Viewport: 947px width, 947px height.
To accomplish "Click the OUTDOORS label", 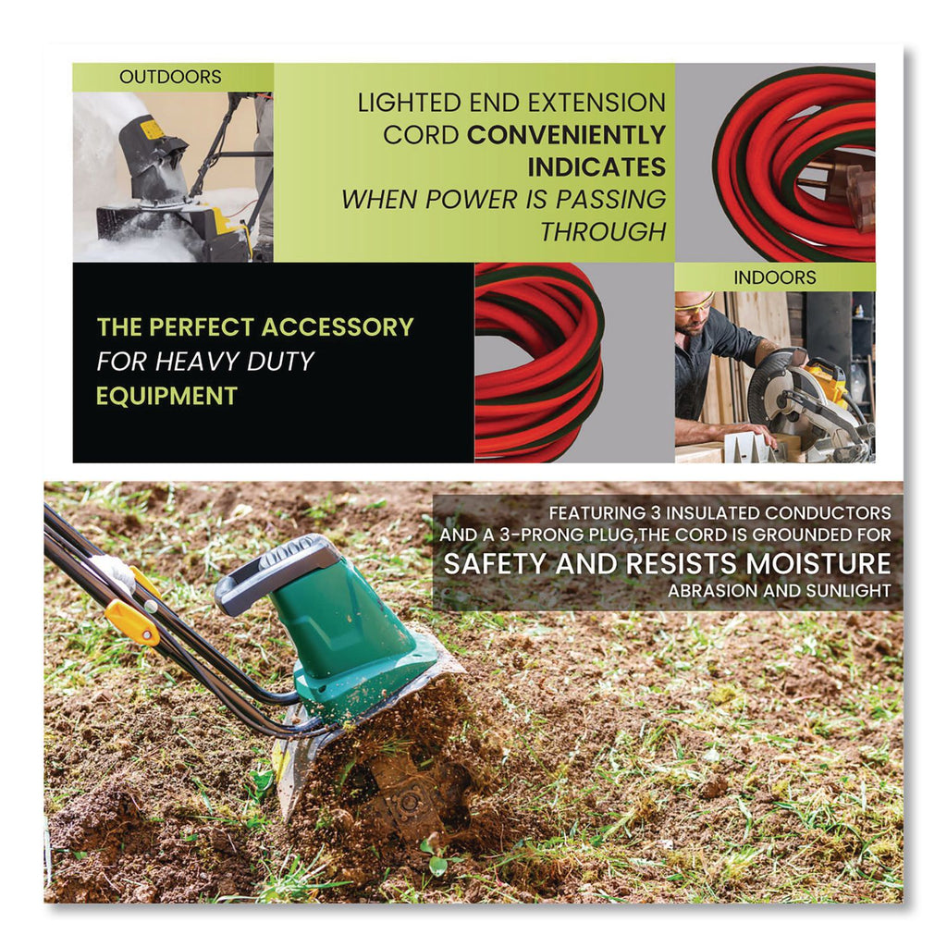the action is pyautogui.click(x=170, y=77).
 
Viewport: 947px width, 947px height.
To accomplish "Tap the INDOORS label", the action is pyautogui.click(x=775, y=277).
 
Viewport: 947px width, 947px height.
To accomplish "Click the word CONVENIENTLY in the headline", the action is pyautogui.click(x=567, y=135).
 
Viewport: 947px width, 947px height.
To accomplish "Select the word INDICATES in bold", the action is pyautogui.click(x=596, y=166).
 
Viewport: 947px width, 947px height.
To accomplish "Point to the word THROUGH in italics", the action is pyautogui.click(x=603, y=231).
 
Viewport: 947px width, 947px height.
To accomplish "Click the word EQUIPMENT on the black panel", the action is pyautogui.click(x=166, y=396).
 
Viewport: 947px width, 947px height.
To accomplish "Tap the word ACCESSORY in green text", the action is pyautogui.click(x=338, y=326).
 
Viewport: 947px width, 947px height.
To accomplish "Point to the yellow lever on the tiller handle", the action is pyautogui.click(x=132, y=620).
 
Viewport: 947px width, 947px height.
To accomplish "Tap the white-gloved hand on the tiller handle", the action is pyautogui.click(x=114, y=572).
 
